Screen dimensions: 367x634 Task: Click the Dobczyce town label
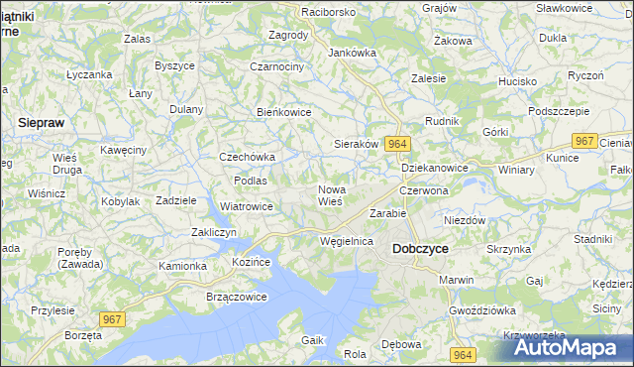click(x=423, y=248)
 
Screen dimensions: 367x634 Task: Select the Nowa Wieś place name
click(x=330, y=194)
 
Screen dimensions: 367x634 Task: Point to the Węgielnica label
click(x=347, y=241)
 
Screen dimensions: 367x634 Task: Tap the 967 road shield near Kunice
click(x=584, y=141)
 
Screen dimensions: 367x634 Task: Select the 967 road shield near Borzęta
click(x=112, y=317)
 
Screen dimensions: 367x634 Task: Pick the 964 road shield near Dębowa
click(x=461, y=354)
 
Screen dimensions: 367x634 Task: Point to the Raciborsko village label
click(x=301, y=12)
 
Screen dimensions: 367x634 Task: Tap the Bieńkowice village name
click(x=284, y=112)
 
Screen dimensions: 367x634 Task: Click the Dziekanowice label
click(x=435, y=168)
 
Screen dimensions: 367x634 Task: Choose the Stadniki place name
click(x=592, y=239)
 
